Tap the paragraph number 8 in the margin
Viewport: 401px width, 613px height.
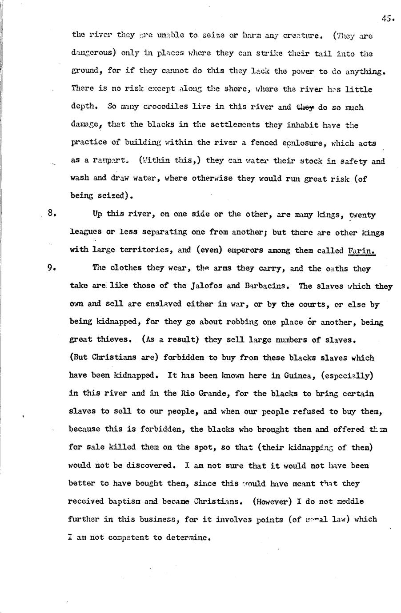(x=52, y=214)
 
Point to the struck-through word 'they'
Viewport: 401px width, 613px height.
(x=305, y=107)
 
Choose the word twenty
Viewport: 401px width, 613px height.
(x=362, y=215)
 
